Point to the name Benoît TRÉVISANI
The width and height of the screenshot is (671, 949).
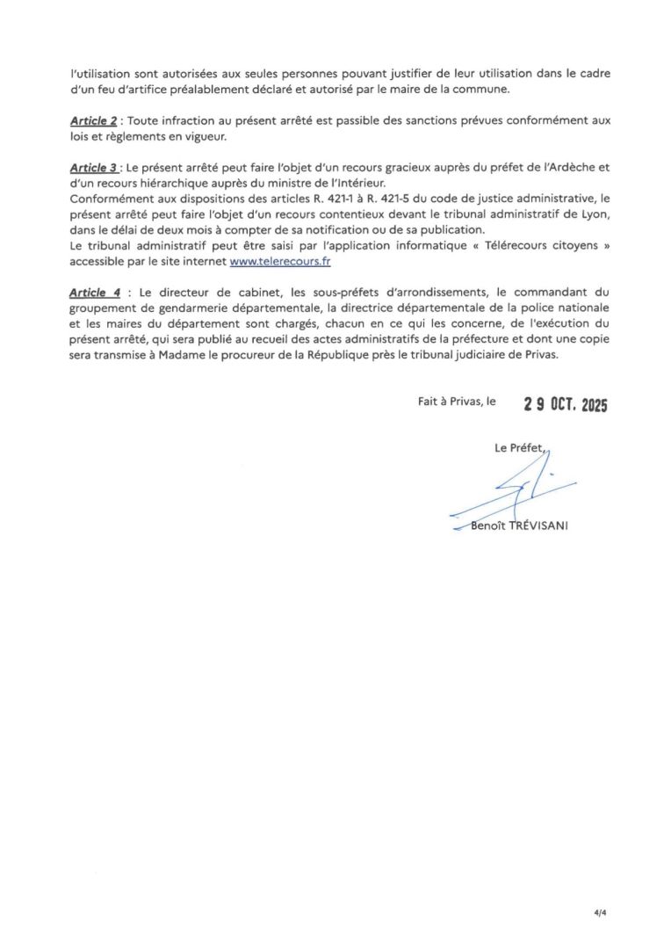pos(518,526)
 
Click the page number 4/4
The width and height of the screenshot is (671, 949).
pos(600,912)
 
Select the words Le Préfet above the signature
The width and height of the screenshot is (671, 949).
pos(518,448)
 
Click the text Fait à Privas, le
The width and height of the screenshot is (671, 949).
pos(457,401)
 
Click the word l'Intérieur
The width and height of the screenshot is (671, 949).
pos(345,182)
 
